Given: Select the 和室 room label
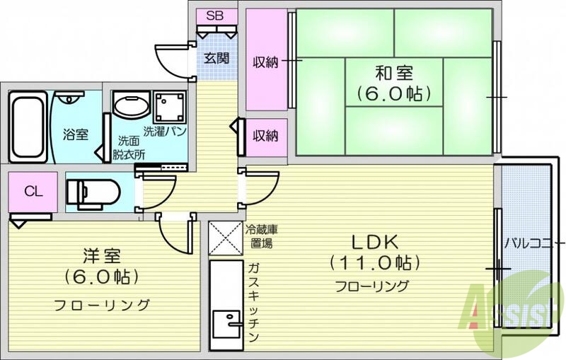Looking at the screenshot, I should (394, 73).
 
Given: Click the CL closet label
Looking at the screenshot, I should (31, 191).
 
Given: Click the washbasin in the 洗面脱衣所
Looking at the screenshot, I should (130, 107).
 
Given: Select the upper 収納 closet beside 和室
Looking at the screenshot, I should (266, 62).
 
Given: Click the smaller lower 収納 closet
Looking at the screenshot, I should (266, 137).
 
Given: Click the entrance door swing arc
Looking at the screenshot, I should (170, 57).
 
